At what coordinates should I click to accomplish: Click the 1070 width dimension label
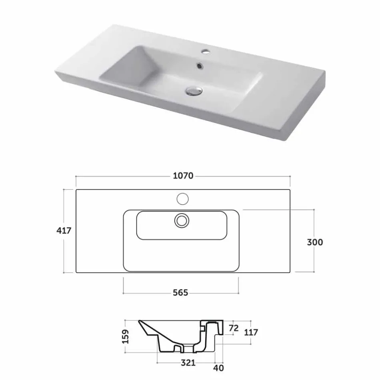point(183,176)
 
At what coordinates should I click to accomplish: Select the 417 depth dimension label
point(64,231)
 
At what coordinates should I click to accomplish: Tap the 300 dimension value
point(315,242)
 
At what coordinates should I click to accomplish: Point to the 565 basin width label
point(180,293)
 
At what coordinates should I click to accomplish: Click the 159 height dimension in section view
point(126,337)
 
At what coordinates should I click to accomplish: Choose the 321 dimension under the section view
point(188,363)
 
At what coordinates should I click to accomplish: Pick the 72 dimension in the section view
point(234,328)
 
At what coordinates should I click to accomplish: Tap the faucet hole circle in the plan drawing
point(182,198)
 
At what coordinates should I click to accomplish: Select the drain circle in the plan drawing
point(182,220)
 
